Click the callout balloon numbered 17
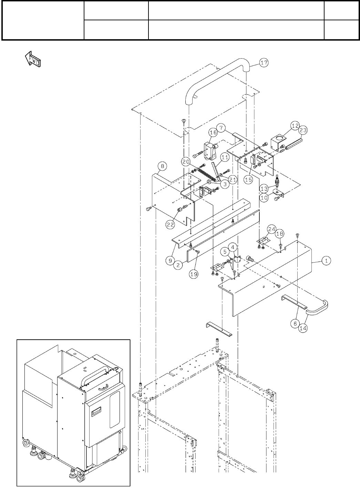264,63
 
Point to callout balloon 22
170,224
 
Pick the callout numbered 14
303,328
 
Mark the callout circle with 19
194,274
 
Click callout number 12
295,126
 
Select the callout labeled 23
303,130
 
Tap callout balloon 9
171,261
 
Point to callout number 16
213,132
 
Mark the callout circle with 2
178,265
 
